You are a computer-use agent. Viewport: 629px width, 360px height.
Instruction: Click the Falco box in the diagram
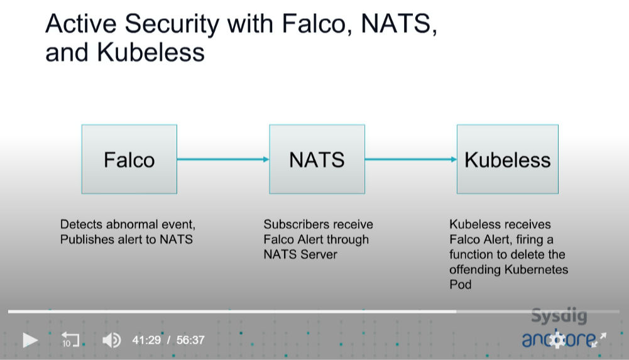(x=129, y=159)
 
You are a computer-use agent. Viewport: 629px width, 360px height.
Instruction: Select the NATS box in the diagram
(x=317, y=159)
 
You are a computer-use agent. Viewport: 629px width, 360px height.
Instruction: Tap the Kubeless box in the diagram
(x=508, y=159)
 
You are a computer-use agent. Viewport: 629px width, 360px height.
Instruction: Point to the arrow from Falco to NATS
(x=223, y=159)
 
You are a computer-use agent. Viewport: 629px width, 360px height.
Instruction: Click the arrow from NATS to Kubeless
(x=411, y=159)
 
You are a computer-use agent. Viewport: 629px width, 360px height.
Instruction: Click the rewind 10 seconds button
(x=70, y=339)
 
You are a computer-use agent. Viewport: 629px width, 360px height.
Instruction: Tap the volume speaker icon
(x=111, y=341)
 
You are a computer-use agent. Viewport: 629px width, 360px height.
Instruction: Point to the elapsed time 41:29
(x=146, y=341)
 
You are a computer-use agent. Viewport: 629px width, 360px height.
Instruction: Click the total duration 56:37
(x=190, y=341)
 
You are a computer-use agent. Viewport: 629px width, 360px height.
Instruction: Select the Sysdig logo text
(x=559, y=316)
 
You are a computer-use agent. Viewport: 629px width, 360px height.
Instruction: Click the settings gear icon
(x=557, y=339)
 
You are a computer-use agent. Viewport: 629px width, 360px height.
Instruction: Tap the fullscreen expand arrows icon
(x=599, y=339)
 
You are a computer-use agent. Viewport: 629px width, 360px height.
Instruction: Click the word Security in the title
(x=172, y=24)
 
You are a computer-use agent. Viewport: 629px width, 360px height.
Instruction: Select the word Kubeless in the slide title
(x=151, y=53)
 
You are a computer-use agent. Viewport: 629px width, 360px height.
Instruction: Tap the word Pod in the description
(x=461, y=285)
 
